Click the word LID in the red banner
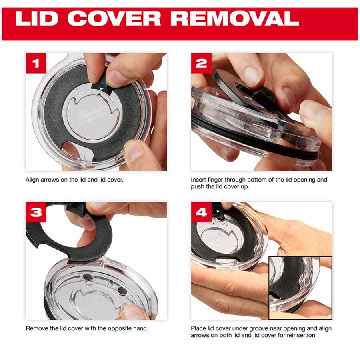(x=37, y=18)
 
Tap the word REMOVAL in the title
(x=235, y=18)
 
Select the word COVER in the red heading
(x=114, y=18)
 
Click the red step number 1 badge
(x=36, y=63)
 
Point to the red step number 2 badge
(x=201, y=63)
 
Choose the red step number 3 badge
(x=36, y=212)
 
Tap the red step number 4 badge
(x=201, y=212)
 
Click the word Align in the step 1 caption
(x=32, y=180)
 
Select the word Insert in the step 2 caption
(x=198, y=180)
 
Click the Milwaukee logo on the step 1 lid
(x=92, y=114)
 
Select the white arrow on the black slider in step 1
(x=101, y=88)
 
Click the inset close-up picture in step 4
(x=300, y=288)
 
